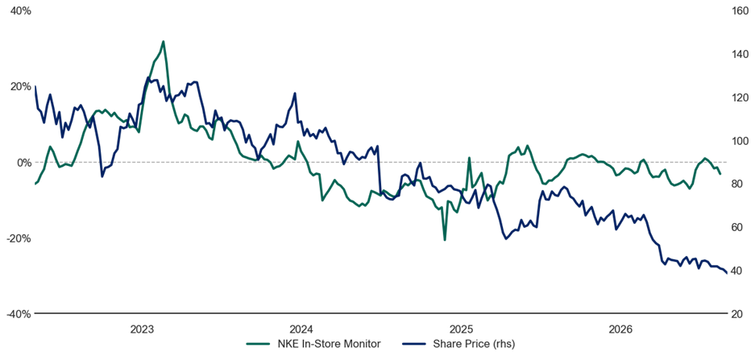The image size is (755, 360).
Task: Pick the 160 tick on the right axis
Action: [739, 10]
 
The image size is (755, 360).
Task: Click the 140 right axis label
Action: [739, 54]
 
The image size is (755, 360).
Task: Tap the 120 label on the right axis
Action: [739, 97]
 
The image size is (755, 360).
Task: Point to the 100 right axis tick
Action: [739, 140]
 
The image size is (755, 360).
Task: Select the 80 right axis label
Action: [736, 184]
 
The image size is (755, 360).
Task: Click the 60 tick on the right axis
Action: [736, 227]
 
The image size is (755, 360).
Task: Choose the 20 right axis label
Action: [736, 314]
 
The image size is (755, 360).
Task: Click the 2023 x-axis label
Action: [142, 329]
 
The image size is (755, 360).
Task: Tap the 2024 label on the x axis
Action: [301, 329]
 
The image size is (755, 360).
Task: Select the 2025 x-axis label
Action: [461, 329]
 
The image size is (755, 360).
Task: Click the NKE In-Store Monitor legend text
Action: [330, 344]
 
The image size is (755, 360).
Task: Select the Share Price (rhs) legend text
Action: [475, 344]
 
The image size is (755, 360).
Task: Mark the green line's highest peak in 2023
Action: [164, 41]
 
